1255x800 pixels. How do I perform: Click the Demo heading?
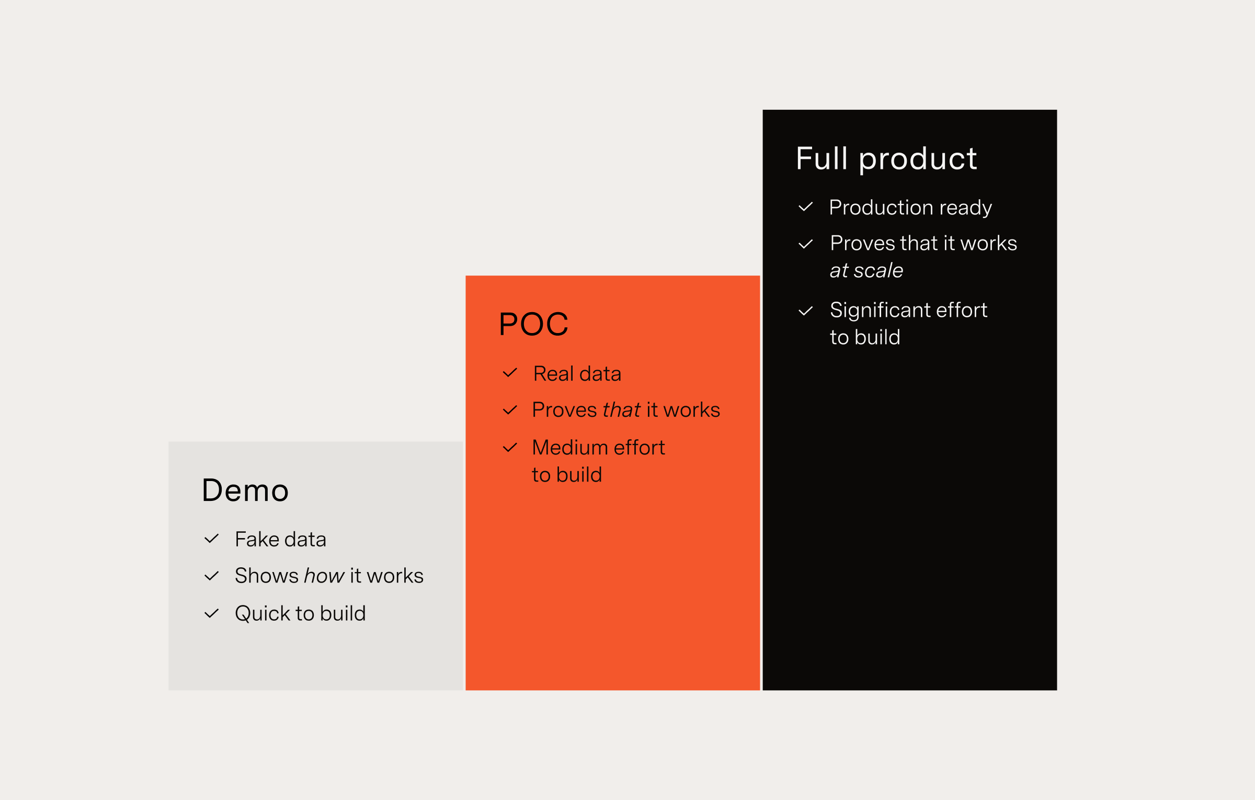tap(245, 490)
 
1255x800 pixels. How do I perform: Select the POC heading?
tap(533, 324)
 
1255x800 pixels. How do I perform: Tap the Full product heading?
tap(886, 159)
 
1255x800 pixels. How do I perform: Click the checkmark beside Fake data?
tap(211, 539)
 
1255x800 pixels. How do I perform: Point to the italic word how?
tap(324, 576)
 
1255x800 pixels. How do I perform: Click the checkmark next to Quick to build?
tap(211, 613)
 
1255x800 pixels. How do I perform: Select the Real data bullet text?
tap(577, 374)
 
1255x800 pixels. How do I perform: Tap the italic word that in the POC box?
tap(622, 410)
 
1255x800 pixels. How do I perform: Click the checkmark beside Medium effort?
tap(510, 448)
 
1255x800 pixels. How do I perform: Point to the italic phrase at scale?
tap(866, 271)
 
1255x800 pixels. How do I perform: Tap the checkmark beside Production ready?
tap(806, 207)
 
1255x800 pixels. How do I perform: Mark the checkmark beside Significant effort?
tap(806, 311)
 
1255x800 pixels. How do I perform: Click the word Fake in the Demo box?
tap(257, 540)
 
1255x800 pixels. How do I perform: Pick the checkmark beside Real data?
tap(510, 373)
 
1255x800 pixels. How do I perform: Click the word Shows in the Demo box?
tap(267, 576)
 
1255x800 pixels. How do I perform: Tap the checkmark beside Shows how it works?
tap(211, 576)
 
